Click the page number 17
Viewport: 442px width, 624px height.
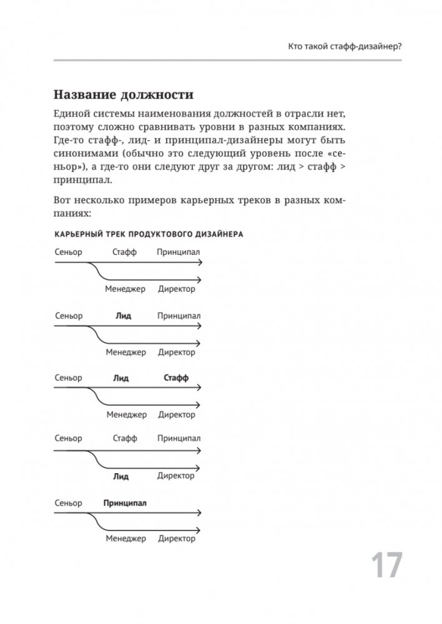tap(387, 566)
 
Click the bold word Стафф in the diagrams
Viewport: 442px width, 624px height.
tap(176, 378)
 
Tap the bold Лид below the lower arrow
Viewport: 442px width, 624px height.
tap(122, 477)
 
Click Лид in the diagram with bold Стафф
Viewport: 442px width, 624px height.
tap(121, 378)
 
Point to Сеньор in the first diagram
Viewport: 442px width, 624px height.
tap(69, 252)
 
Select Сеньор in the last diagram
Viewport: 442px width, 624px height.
tap(69, 502)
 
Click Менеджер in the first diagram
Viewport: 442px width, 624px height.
tap(125, 289)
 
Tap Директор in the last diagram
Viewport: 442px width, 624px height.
tap(177, 539)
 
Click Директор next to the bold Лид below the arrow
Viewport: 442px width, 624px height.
tap(177, 476)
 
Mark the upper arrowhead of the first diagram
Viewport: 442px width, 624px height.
tap(199, 263)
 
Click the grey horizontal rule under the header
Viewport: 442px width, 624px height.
tap(221, 60)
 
